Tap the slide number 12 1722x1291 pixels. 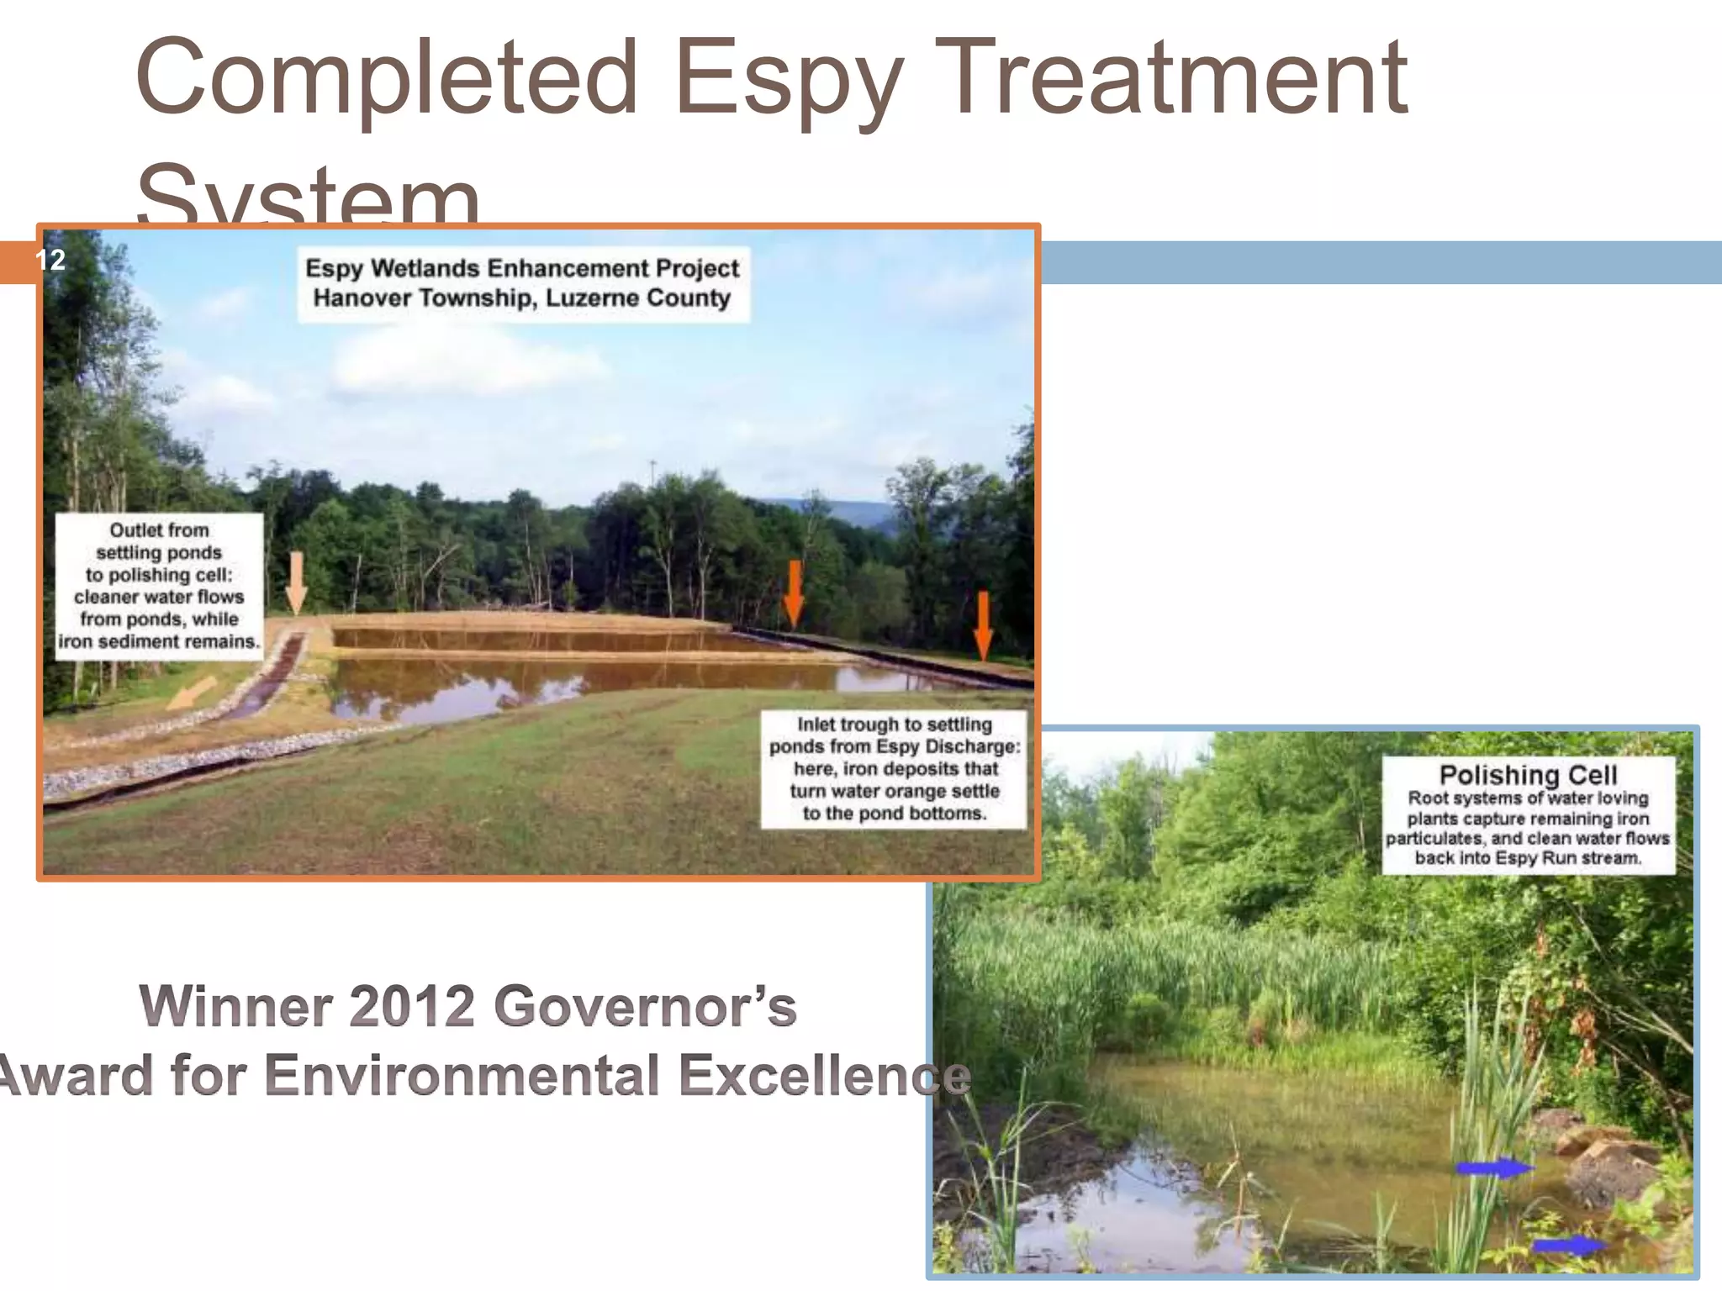[x=50, y=260]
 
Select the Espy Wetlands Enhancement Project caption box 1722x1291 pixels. [x=522, y=282]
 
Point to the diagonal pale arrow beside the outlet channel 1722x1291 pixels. [x=192, y=693]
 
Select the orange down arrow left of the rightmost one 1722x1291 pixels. [x=794, y=593]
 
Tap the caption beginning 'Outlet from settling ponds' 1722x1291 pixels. [x=159, y=585]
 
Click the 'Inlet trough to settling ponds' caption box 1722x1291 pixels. [x=894, y=768]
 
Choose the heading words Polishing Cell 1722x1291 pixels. [x=1528, y=774]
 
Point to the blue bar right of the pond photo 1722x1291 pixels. [x=1379, y=262]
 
